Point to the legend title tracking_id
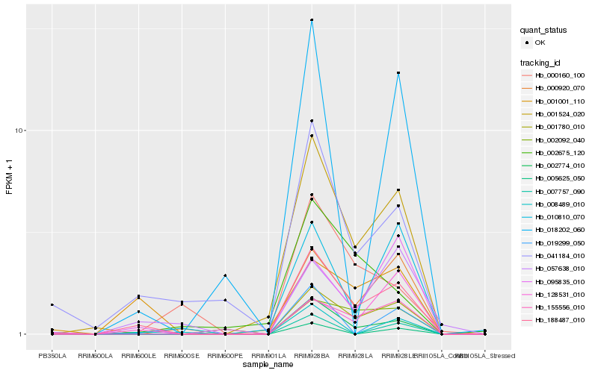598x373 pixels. pyautogui.click(x=544, y=62)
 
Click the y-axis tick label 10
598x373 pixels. pyautogui.click(x=19, y=131)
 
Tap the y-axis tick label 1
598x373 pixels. pyautogui.click(x=22, y=334)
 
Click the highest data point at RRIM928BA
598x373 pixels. pyautogui.click(x=312, y=20)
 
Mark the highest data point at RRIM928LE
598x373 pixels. pyautogui.click(x=398, y=73)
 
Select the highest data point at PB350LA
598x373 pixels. pyautogui.click(x=52, y=305)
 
